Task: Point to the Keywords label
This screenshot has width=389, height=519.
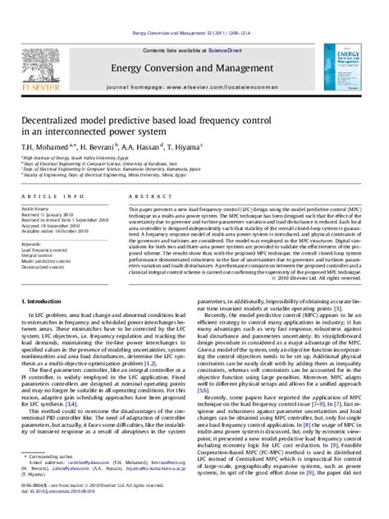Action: pyautogui.click(x=32, y=243)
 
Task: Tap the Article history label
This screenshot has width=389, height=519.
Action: pyautogui.click(x=37, y=209)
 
